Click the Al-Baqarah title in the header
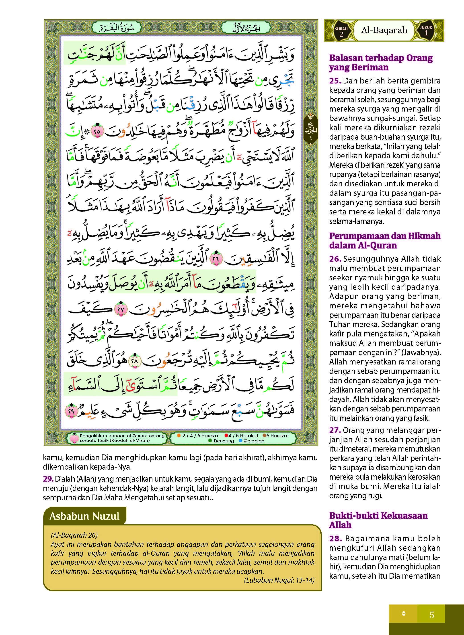pos(384,30)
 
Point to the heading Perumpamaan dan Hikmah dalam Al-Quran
pos(384,240)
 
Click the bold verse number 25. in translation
pos(335,81)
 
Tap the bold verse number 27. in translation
pos(335,430)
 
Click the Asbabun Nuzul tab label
pos(84,516)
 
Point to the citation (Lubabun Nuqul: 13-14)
pos(279,580)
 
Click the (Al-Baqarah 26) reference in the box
pos(74,535)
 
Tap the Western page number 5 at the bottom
pos(432,615)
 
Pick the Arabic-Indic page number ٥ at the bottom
pos(404,614)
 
